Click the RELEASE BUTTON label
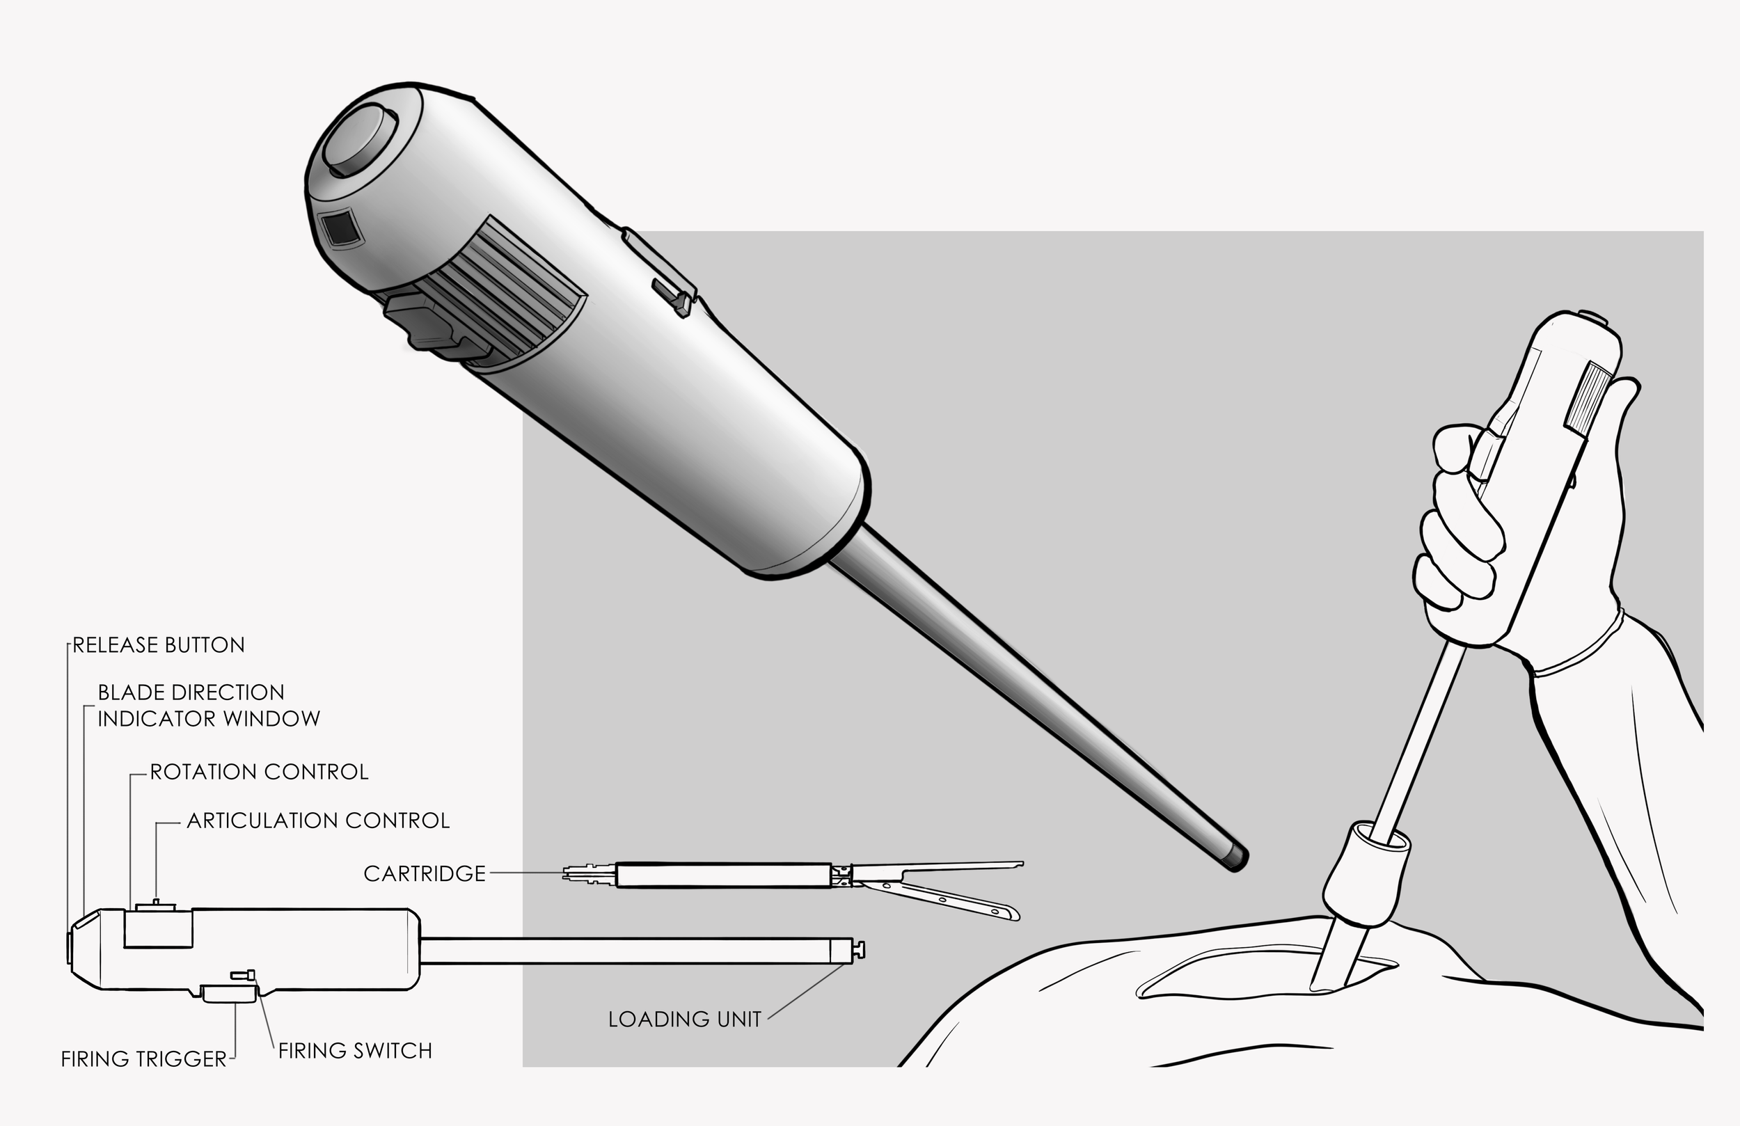pyautogui.click(x=159, y=645)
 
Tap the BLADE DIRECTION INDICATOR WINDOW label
pyautogui.click(x=209, y=706)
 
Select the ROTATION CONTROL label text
pyautogui.click(x=259, y=772)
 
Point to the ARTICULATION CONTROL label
pyautogui.click(x=318, y=820)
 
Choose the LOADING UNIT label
pyautogui.click(x=685, y=1020)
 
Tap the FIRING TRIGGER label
pyautogui.click(x=144, y=1058)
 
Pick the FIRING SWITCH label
pyautogui.click(x=356, y=1051)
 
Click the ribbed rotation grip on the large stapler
pyautogui.click(x=505, y=292)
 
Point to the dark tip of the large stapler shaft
pyautogui.click(x=1237, y=857)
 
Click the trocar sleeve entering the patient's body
pyautogui.click(x=1366, y=874)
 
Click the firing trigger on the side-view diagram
pyautogui.click(x=229, y=993)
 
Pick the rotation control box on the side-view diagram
pyautogui.click(x=158, y=928)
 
